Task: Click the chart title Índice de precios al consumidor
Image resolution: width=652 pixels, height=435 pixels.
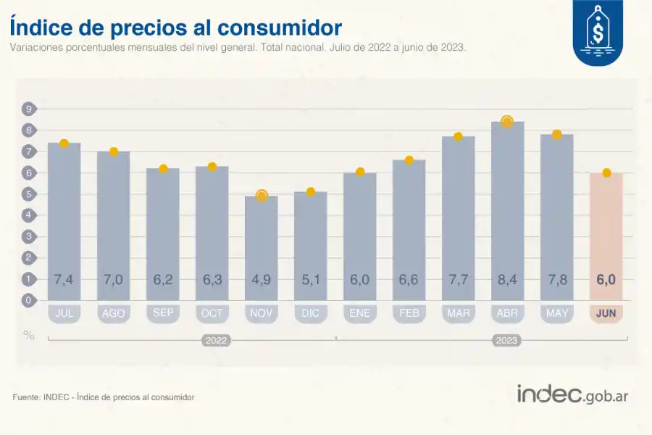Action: (x=175, y=28)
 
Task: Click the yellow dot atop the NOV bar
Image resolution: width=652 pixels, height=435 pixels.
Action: (x=262, y=196)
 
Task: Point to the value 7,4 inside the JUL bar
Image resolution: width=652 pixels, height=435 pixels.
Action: (x=64, y=280)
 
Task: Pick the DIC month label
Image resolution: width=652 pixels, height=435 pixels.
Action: (x=311, y=313)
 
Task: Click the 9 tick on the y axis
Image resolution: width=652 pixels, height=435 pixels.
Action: (x=29, y=109)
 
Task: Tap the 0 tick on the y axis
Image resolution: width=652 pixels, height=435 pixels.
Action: (x=29, y=300)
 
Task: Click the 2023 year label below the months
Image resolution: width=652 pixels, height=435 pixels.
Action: (x=507, y=339)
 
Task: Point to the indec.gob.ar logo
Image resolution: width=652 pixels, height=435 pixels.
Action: (x=573, y=394)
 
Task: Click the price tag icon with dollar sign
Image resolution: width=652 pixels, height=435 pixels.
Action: (x=598, y=33)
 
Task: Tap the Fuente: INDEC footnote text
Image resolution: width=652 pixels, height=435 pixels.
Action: (x=104, y=397)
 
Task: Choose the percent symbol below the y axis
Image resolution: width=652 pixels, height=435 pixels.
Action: (x=29, y=334)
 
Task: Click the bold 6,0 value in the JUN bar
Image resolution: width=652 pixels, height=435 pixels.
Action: (x=606, y=280)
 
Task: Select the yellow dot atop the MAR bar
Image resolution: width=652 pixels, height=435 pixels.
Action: (x=458, y=137)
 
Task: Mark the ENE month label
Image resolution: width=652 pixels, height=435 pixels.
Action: (x=360, y=313)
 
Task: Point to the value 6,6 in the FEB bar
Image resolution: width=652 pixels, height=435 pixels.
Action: (x=409, y=280)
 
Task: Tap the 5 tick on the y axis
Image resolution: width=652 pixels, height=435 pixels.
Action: (x=29, y=194)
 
